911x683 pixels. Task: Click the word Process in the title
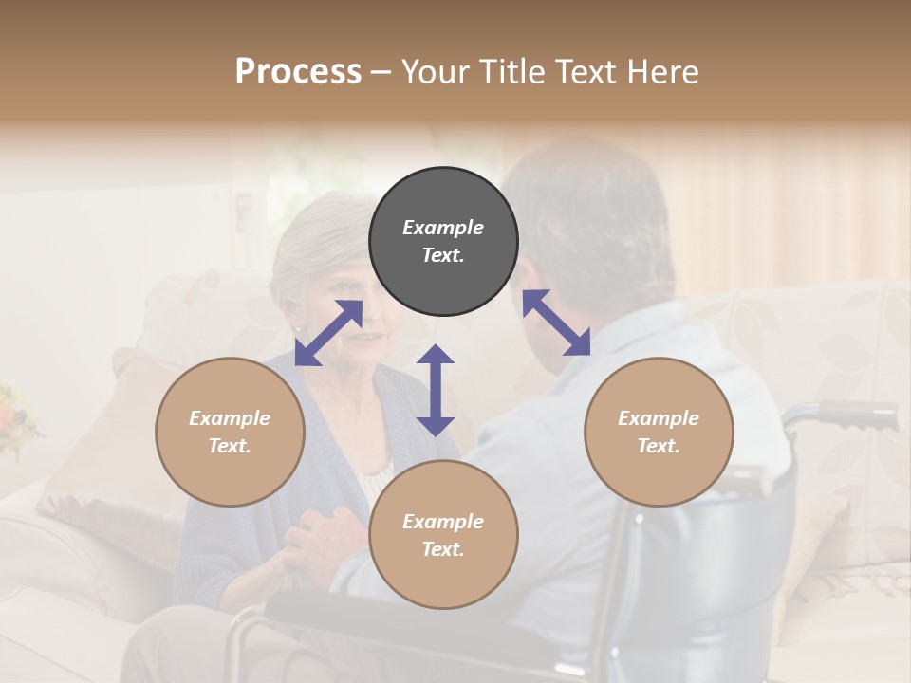(x=298, y=72)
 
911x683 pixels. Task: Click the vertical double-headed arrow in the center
(x=436, y=391)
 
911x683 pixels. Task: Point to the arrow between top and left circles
(x=328, y=333)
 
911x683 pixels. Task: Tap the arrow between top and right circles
(x=557, y=323)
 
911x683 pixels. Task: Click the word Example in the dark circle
(x=443, y=228)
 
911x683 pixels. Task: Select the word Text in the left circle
(x=230, y=446)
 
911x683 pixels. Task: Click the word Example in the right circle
(x=659, y=418)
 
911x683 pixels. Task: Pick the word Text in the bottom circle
(x=443, y=549)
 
